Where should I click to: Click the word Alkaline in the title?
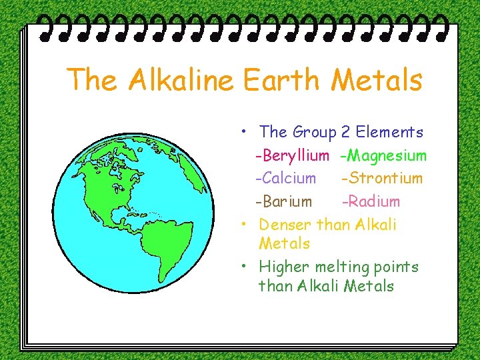tap(181, 81)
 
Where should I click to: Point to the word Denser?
tap(285, 224)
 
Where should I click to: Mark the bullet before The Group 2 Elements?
tap(245, 131)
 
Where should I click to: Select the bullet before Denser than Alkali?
tap(245, 223)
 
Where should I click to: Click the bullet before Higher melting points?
tap(245, 265)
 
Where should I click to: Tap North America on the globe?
tap(117, 183)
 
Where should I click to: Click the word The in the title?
tap(93, 81)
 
